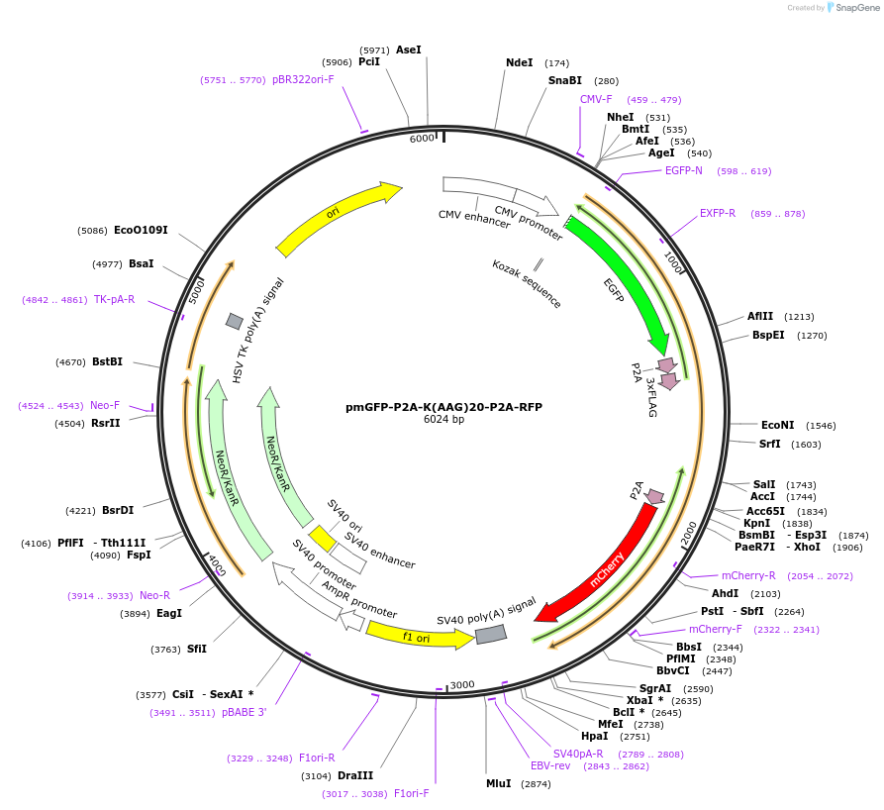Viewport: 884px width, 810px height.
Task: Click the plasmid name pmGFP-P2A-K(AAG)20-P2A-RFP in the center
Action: pyautogui.click(x=443, y=407)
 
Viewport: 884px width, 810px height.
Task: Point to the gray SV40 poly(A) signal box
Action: pyautogui.click(x=491, y=634)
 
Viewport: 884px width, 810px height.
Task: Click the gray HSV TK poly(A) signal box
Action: pyautogui.click(x=235, y=321)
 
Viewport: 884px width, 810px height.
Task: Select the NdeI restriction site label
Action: pyautogui.click(x=519, y=62)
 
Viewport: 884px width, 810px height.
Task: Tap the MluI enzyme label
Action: pyautogui.click(x=498, y=783)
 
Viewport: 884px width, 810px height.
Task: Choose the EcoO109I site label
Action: pyautogui.click(x=141, y=231)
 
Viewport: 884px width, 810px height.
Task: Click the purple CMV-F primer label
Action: pyautogui.click(x=596, y=99)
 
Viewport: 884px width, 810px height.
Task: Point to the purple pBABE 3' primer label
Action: pyautogui.click(x=244, y=712)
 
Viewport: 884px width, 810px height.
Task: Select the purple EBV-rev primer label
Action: pyautogui.click(x=550, y=765)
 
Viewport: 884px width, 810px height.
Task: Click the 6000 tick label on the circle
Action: pyautogui.click(x=422, y=139)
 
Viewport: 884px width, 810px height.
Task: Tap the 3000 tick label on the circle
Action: pyautogui.click(x=462, y=685)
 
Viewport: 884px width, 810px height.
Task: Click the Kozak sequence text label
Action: pyautogui.click(x=527, y=284)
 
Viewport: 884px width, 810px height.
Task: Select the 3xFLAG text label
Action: pyautogui.click(x=650, y=396)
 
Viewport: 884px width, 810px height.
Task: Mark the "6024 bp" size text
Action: pyautogui.click(x=443, y=420)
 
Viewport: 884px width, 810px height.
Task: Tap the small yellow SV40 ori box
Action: pyautogui.click(x=322, y=538)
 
